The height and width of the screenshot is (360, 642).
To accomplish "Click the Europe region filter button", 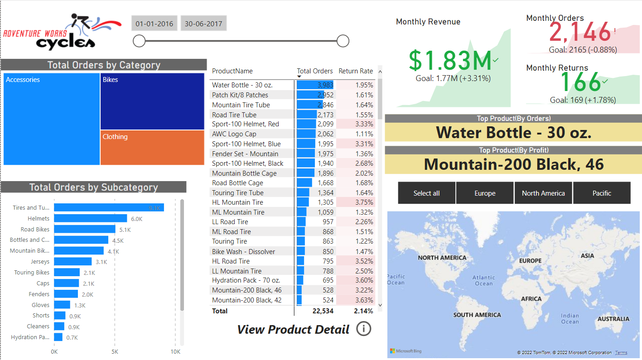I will point(485,193).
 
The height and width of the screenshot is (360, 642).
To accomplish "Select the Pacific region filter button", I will point(602,193).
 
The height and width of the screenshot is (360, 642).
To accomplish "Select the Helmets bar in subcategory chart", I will point(90,218).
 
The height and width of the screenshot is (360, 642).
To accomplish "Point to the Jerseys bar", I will point(72,262).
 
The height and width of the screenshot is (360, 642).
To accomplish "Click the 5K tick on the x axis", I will point(115,352).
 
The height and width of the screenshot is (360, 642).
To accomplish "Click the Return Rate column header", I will point(356,71).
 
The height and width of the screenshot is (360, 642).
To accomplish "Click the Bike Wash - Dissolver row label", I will point(243,251).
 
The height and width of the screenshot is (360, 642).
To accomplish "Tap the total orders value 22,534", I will point(323,311).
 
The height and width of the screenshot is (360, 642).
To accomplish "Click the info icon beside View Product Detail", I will point(363,329).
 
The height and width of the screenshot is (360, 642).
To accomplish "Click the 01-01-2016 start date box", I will point(154,24).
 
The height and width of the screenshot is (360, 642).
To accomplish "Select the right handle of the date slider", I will point(343,41).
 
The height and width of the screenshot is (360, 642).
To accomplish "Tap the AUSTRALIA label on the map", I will point(613,319).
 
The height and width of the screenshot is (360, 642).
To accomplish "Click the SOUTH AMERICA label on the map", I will point(477,315).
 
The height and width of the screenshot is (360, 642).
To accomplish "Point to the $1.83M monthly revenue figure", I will point(450,60).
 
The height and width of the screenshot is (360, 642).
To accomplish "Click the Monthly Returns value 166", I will point(580,82).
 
